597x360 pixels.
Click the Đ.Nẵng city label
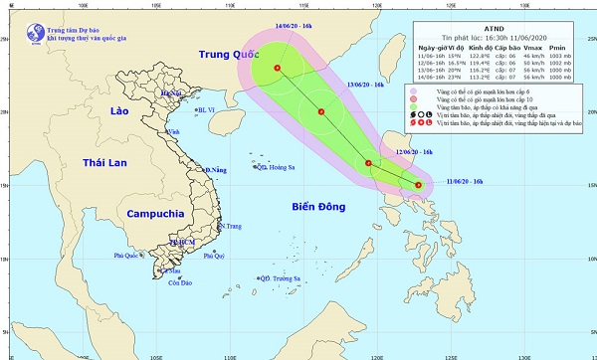pos(216,171)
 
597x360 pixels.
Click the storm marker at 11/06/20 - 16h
pos(418,185)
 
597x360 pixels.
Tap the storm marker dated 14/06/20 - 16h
pos(277,69)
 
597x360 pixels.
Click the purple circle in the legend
pos(414,92)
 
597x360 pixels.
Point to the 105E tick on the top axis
pos(155,4)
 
